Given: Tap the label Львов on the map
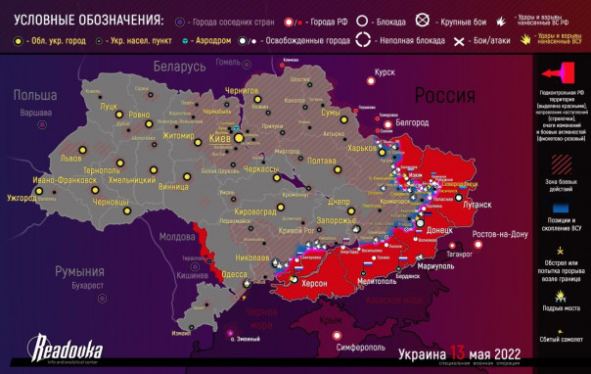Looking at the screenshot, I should click(71, 157).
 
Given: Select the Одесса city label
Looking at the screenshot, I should click(234, 275).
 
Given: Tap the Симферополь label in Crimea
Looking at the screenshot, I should click(364, 348).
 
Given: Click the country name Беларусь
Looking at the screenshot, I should click(175, 65).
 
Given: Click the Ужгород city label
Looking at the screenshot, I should click(22, 198).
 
